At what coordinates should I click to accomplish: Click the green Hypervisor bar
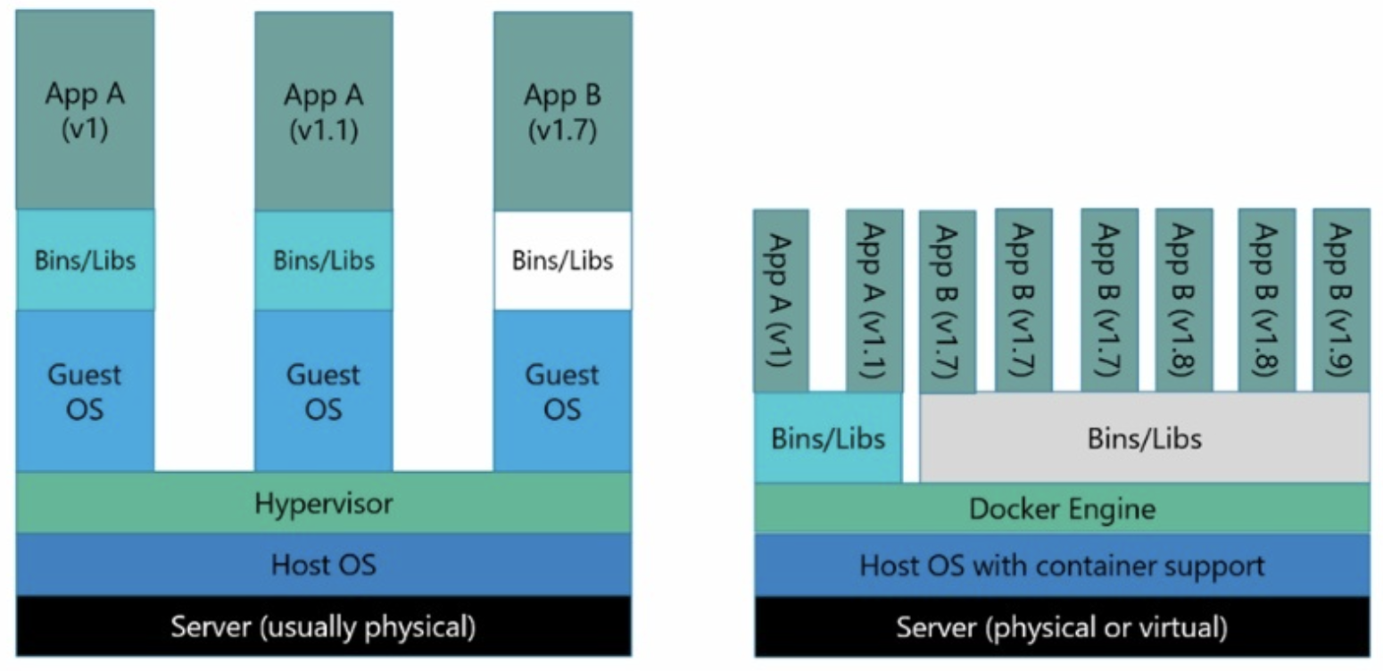pos(324,502)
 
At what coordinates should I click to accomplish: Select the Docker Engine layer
pos(1062,509)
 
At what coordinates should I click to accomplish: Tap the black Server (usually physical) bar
pos(324,625)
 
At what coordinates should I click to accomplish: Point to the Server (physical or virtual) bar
pos(1062,626)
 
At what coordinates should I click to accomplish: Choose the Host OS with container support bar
pos(1062,565)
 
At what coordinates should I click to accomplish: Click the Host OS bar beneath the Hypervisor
pos(324,564)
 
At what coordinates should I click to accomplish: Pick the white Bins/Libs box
pos(562,261)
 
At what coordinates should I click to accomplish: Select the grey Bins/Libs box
pos(1145,437)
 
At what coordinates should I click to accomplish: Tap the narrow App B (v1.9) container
pos(1341,300)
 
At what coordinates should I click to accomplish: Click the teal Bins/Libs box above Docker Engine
pos(828,437)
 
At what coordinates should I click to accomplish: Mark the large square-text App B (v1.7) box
pos(562,112)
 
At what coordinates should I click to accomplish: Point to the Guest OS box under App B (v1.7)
pos(562,391)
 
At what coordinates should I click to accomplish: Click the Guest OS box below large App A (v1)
pos(85,391)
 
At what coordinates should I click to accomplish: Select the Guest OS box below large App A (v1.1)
pos(324,391)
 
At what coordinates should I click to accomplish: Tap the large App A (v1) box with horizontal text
pos(85,109)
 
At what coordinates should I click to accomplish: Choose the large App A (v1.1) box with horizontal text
pos(324,112)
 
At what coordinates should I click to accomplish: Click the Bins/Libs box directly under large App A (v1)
pos(85,260)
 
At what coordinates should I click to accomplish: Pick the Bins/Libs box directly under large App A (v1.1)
pos(324,261)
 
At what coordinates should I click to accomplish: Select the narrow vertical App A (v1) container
pos(781,301)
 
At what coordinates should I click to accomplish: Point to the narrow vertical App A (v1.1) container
pos(874,301)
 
